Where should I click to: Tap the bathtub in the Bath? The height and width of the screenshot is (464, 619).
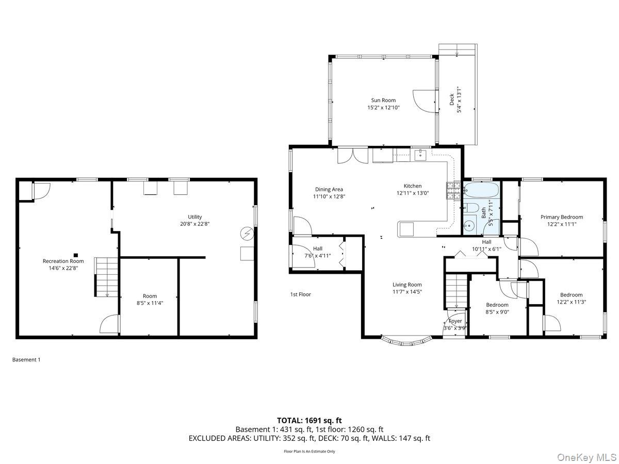481,191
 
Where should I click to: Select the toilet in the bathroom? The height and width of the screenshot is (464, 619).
470,209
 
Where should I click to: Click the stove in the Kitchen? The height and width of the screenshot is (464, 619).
453,191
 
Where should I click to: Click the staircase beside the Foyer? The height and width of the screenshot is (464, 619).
456,291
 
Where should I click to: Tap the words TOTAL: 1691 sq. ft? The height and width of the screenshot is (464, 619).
309,420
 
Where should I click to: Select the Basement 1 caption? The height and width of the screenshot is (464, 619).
26,359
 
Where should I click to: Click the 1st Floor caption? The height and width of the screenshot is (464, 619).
300,294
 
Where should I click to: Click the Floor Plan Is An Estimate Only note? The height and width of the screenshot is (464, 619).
309,451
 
